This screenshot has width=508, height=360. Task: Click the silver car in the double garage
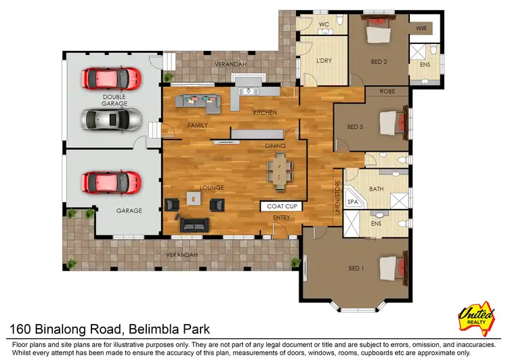coord(112,121)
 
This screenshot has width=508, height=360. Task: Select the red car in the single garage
coord(112,182)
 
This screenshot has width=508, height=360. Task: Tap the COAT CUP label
coord(280,206)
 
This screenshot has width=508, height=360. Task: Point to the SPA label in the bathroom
coord(352,202)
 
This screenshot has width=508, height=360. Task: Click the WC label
coord(324,25)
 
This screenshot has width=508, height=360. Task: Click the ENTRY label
coord(281,217)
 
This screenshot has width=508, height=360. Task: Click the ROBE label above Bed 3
coord(387,91)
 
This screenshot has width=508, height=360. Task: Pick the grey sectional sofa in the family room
coord(198,102)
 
